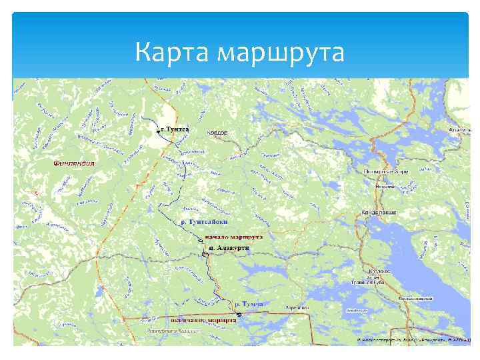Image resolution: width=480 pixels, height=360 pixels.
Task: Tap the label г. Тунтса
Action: point(175,129)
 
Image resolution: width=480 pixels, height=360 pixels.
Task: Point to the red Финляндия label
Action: point(74,163)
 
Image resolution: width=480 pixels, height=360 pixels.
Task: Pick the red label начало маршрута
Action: point(233,237)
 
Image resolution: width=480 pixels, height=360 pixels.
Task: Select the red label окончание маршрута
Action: point(203,319)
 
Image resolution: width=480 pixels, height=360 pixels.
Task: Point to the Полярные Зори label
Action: point(386,171)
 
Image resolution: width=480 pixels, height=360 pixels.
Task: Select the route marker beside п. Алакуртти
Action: point(205,253)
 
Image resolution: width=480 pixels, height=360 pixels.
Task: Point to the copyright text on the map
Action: point(413,340)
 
